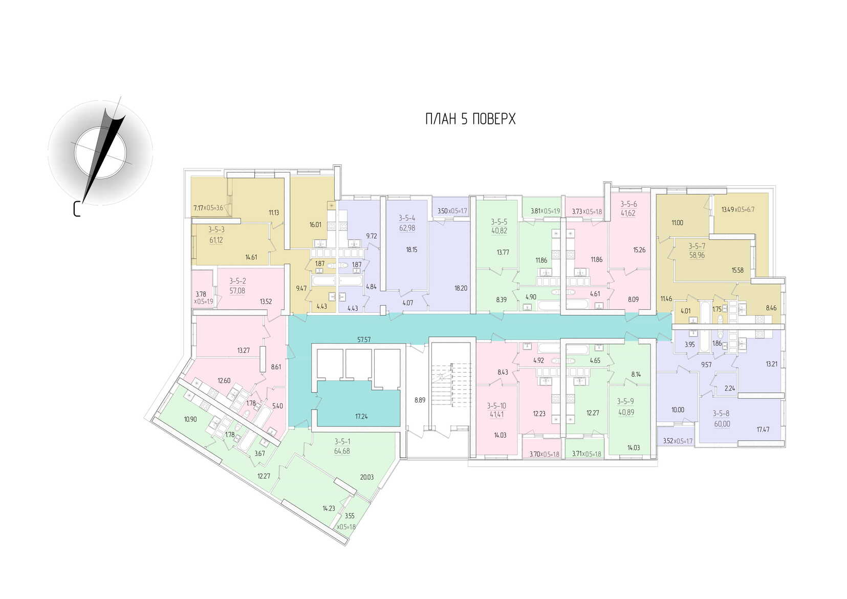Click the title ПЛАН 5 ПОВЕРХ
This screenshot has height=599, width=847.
[470, 119]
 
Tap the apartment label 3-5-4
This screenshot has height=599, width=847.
[407, 218]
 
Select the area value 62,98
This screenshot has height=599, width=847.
[407, 228]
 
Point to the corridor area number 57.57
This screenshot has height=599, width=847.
[364, 339]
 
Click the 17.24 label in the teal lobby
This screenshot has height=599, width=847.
[361, 417]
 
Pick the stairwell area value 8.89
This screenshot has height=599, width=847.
[420, 400]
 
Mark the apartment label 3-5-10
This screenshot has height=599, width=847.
[496, 405]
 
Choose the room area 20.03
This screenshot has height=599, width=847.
[367, 477]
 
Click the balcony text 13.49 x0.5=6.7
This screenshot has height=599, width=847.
[738, 209]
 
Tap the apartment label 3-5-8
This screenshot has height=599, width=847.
[722, 414]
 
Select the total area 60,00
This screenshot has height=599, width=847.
[722, 424]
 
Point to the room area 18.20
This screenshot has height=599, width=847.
[461, 288]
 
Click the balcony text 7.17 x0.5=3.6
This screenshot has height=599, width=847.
[208, 208]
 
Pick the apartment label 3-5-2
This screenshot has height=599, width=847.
[237, 281]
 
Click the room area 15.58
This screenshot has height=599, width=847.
[737, 270]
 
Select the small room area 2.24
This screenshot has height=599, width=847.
[730, 388]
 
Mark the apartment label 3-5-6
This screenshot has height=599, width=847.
[628, 204]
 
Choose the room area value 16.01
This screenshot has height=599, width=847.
[315, 224]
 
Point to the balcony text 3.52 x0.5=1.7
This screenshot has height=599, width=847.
[678, 441]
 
